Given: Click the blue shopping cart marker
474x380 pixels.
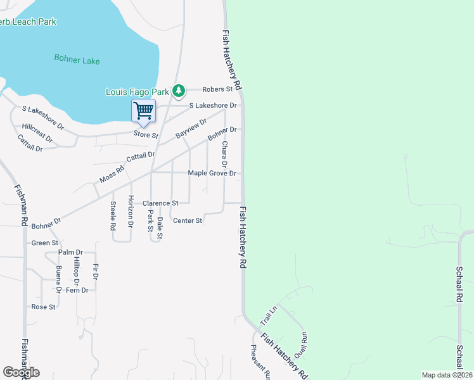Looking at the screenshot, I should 143,111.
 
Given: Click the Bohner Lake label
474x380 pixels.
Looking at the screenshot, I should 77,60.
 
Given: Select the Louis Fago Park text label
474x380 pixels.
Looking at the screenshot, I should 137,92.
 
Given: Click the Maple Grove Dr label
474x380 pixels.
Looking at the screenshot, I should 212,174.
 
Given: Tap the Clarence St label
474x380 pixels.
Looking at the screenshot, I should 160,203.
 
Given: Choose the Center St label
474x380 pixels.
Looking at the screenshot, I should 187,221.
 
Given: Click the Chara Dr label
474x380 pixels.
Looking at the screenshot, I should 224,155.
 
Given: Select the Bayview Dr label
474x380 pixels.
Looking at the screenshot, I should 191,129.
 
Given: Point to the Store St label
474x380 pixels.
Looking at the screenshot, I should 145,135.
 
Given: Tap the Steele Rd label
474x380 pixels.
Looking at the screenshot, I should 113,215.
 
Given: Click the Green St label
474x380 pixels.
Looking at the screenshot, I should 45,243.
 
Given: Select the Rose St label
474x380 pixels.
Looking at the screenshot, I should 44,307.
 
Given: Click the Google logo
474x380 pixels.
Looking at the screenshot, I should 21,372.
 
